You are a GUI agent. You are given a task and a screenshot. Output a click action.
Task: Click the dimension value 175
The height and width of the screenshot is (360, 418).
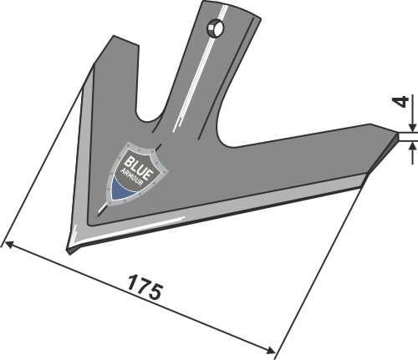[145, 292]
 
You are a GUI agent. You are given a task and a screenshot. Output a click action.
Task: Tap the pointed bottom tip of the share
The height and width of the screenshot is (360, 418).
[70, 248]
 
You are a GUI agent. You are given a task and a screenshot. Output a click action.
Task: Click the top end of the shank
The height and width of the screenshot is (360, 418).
[230, 5]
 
